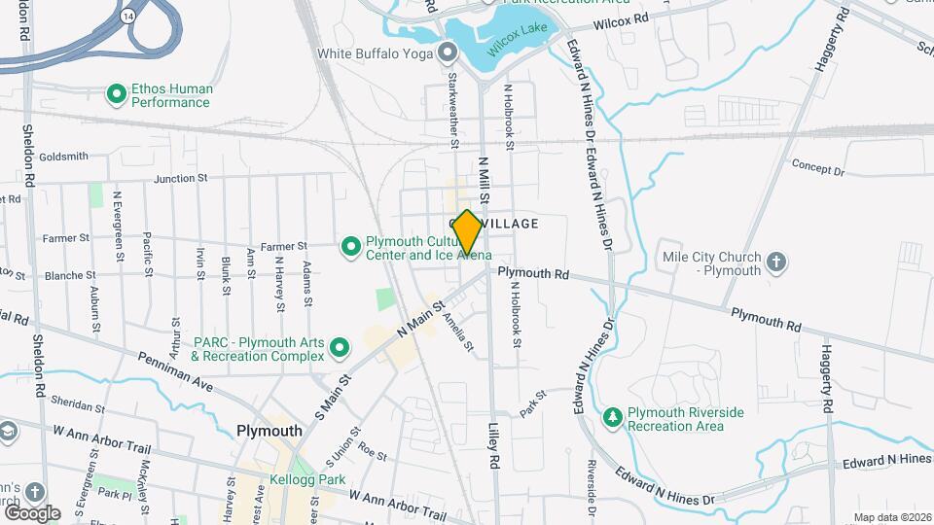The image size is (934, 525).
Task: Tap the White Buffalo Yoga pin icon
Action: coord(448,52)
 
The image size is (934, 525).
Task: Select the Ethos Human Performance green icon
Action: coord(117,94)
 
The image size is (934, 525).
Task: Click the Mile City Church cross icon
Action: coord(776,261)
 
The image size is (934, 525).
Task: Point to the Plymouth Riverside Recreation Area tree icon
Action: coord(612,417)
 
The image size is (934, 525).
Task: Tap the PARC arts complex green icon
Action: coord(340,347)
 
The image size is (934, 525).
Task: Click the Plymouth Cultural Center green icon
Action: coord(350,248)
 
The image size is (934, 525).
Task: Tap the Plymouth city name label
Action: coord(269,431)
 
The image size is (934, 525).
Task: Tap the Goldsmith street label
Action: coord(64,156)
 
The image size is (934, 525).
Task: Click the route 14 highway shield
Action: coord(128,17)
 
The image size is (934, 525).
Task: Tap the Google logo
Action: coord(32,512)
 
